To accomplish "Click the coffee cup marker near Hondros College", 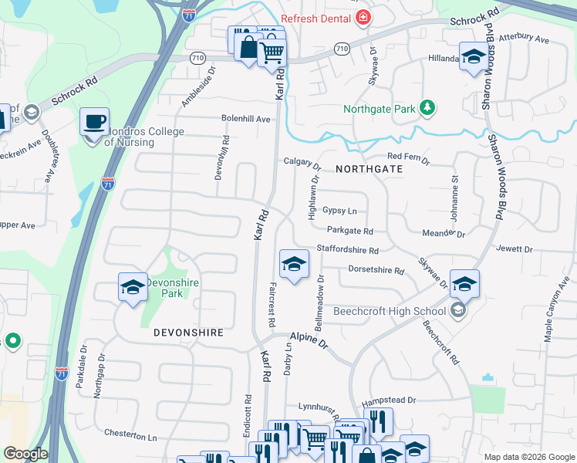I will pos(95,122).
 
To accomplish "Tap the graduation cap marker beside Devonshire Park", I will pos(133,287).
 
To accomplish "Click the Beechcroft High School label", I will pos(390,312).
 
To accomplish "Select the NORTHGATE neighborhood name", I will pos(369,167).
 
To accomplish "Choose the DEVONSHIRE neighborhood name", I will pos(188,333).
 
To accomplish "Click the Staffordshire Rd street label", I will pos(348,251).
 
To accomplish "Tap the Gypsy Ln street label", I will pos(339,210).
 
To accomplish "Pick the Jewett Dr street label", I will pos(516,249).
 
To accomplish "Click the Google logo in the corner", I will pos(25,454).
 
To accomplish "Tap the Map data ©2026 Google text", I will pos(528,457).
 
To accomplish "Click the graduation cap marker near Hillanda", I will pos(473,56).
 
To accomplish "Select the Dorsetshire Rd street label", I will pos(376,271).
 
